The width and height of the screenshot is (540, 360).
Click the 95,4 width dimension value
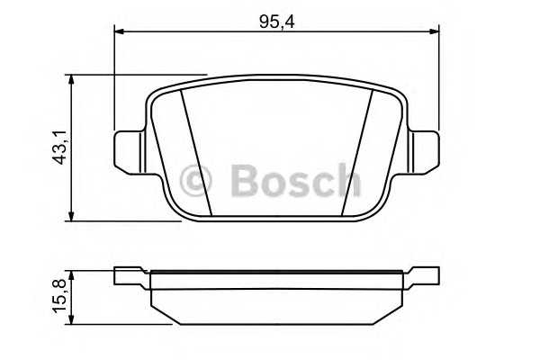tap(277, 21)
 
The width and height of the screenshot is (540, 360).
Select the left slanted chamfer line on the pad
tap(195, 153)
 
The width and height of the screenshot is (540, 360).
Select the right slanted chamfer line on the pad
tap(357, 153)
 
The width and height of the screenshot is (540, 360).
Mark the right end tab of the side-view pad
tap(422, 275)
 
